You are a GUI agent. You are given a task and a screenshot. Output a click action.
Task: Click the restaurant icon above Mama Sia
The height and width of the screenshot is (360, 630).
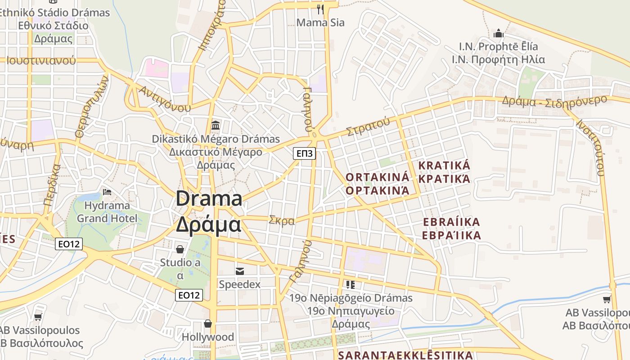click(x=320, y=9)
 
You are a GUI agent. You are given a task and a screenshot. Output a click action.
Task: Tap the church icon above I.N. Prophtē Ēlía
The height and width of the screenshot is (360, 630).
click(x=498, y=33)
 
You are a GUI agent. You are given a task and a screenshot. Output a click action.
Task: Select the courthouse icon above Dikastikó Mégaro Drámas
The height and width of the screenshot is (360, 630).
click(x=216, y=125)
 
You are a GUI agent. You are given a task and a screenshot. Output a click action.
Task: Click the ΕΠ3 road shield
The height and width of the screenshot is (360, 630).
click(x=305, y=153)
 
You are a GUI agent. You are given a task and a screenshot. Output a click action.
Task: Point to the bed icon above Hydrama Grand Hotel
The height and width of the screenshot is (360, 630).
click(x=107, y=192)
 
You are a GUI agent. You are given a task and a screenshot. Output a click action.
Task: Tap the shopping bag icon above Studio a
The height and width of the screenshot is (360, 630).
click(x=180, y=249)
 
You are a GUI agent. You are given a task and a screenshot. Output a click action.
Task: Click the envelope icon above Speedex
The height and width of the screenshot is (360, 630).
click(x=239, y=271)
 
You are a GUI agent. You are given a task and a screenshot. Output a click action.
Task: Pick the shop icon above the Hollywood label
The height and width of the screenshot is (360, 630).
click(x=208, y=324)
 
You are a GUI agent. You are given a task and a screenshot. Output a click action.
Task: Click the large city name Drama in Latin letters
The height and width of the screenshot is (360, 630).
click(x=209, y=198)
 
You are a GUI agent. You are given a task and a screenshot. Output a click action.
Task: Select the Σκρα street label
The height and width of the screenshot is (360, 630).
click(x=282, y=220)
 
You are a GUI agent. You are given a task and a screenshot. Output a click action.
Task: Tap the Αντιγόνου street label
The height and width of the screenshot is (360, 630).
click(x=165, y=99)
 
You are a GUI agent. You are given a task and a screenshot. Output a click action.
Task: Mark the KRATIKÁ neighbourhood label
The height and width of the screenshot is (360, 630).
click(x=444, y=165)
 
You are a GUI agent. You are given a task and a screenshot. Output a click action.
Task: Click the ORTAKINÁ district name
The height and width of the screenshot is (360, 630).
click(x=378, y=177)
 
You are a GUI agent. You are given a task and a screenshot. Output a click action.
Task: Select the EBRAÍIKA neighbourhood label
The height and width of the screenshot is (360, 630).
click(x=452, y=222)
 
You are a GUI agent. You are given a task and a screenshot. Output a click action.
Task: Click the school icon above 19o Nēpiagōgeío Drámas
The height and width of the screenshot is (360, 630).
click(x=351, y=284)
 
